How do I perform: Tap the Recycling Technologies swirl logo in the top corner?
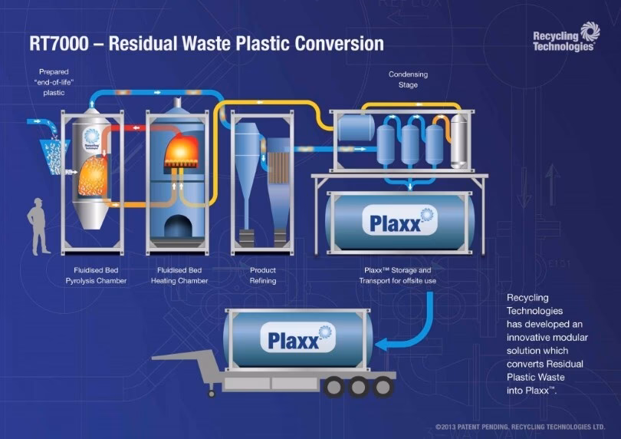[590, 31]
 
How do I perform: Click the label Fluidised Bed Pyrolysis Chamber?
[95, 276]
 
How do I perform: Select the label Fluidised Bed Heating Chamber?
[178, 276]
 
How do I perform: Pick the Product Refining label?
[263, 276]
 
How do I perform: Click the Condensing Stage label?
[408, 80]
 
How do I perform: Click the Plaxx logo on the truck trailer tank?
[300, 338]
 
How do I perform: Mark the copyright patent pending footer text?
[520, 426]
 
